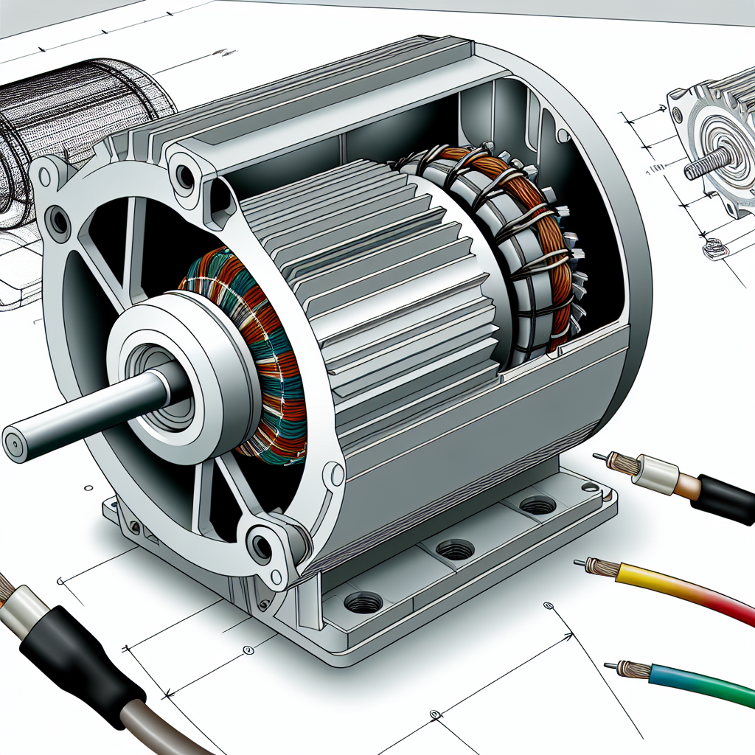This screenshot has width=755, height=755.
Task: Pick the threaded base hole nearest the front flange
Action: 363,602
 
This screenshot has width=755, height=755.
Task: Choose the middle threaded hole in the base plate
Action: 454,549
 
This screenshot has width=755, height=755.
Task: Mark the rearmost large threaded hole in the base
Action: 537,506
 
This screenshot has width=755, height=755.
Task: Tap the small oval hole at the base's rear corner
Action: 590,487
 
